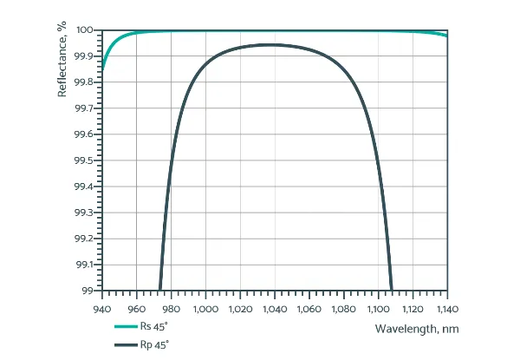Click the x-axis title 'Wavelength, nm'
click(412, 329)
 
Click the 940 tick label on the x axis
click(102, 307)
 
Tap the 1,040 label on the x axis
click(275, 307)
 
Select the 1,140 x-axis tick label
click(447, 307)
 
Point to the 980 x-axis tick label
click(171, 307)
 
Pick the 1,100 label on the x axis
click(378, 307)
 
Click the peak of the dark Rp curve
click(271, 44)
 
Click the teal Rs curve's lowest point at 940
click(103, 68)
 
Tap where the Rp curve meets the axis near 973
click(159, 289)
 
